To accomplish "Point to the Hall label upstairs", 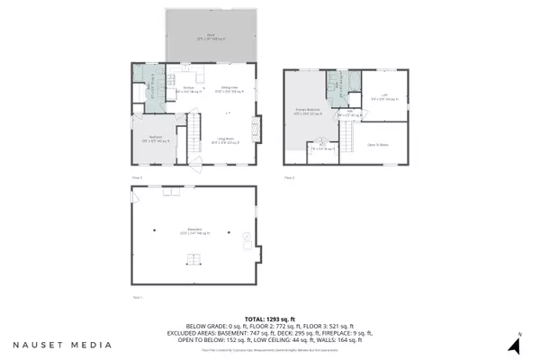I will point(349,114).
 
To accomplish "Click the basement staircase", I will point(190,260).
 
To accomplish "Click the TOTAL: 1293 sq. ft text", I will point(270,319).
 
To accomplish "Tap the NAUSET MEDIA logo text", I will point(63,345).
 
